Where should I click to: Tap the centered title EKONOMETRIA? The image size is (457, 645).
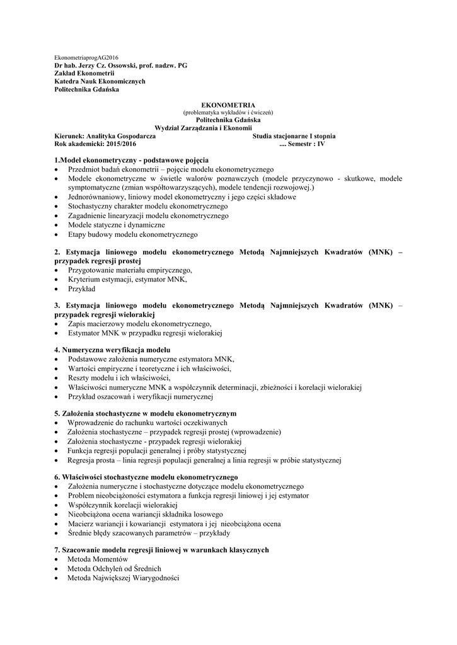point(228,105)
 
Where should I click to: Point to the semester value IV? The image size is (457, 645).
point(321,144)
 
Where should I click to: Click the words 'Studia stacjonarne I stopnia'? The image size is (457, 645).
point(294,135)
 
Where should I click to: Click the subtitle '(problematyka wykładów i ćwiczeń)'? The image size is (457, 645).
point(228,112)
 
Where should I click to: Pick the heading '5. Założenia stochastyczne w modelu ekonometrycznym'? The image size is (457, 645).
point(146,413)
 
